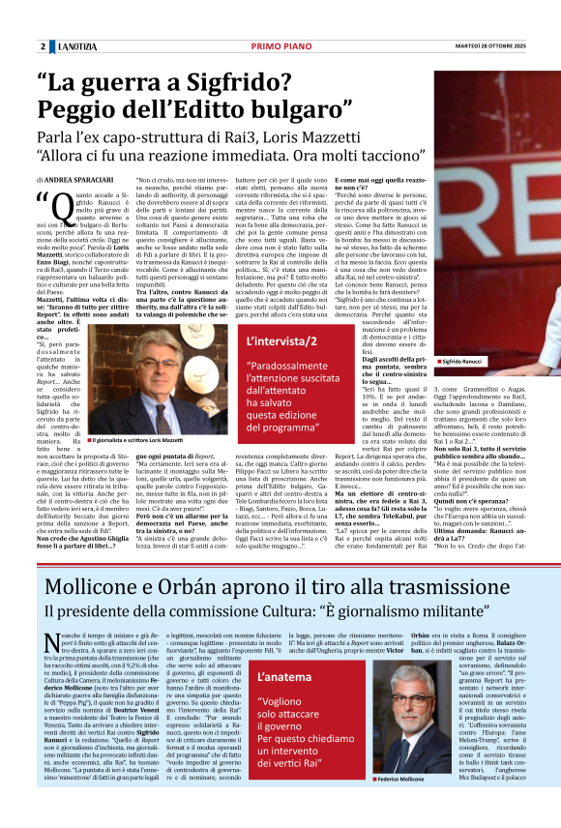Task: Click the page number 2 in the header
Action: pyautogui.click(x=44, y=46)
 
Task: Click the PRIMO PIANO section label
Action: pyautogui.click(x=279, y=46)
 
